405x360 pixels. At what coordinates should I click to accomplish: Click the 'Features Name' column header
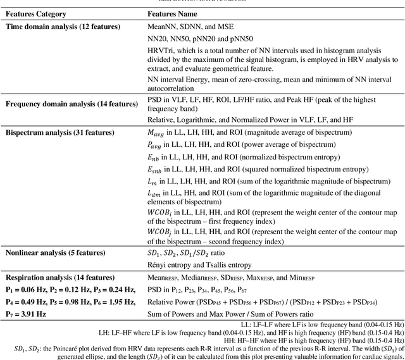pyautogui.click(x=174, y=13)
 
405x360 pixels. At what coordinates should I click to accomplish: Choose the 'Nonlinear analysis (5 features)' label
pyautogui.click(x=55, y=253)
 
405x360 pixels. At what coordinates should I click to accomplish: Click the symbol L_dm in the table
pyautogui.click(x=154, y=194)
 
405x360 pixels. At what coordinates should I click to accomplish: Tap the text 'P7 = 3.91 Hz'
pyautogui.click(x=25, y=314)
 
